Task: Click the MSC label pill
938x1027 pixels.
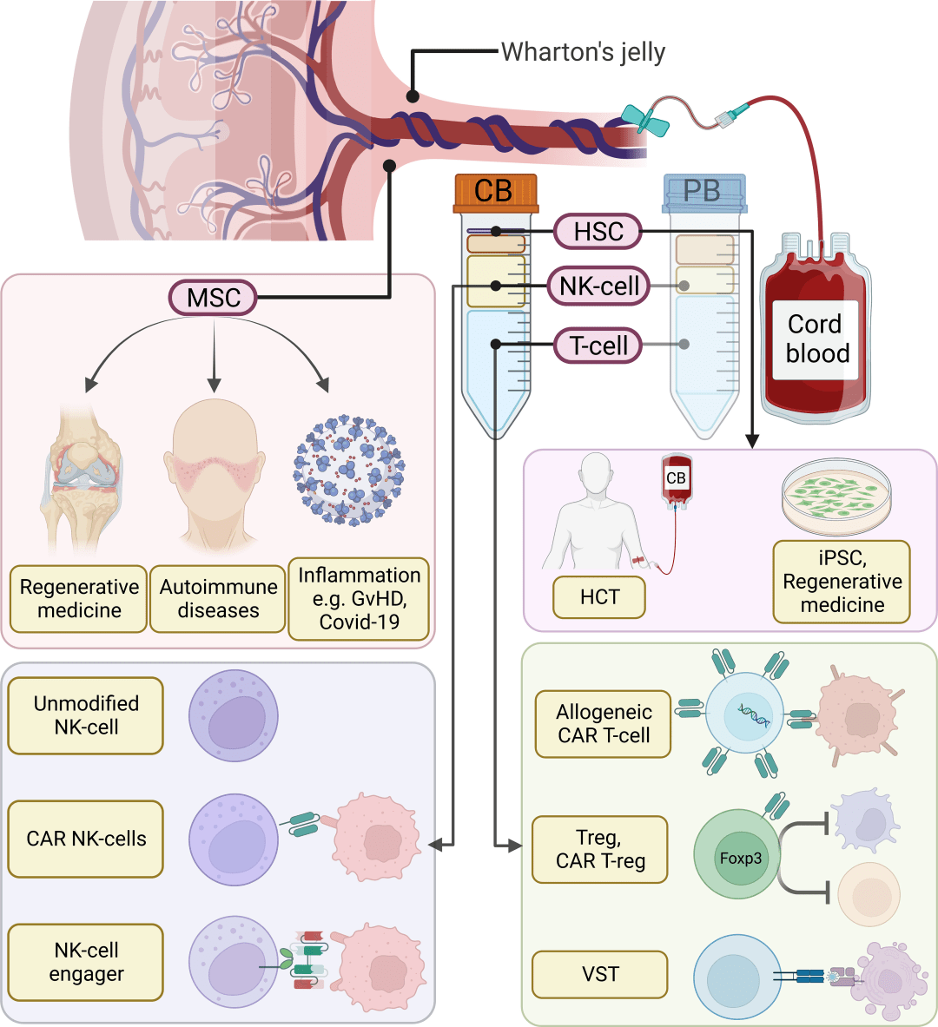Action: coord(213,298)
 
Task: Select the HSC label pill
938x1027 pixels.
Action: coord(598,231)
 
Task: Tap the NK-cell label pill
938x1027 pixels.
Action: coord(598,286)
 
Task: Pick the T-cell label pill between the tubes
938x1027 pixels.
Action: coord(598,346)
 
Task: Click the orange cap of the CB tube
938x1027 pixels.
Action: coord(496,193)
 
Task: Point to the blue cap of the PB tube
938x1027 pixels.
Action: coord(704,193)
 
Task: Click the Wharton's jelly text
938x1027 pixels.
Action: coord(584,52)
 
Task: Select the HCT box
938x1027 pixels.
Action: coord(599,597)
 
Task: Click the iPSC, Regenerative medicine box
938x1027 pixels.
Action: coord(842,582)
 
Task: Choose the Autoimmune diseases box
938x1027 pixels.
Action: coord(218,599)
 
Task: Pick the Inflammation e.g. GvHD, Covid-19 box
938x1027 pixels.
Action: coord(359,599)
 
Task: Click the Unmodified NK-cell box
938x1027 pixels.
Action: coord(86,715)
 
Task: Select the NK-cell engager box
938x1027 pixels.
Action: coord(86,962)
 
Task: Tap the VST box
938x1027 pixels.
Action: coord(600,974)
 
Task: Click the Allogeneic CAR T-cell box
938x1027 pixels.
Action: coord(603,724)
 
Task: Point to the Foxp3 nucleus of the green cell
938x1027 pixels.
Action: coord(741,858)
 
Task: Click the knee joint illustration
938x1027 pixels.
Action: coord(83,476)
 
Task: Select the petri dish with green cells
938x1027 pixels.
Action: coord(836,497)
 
